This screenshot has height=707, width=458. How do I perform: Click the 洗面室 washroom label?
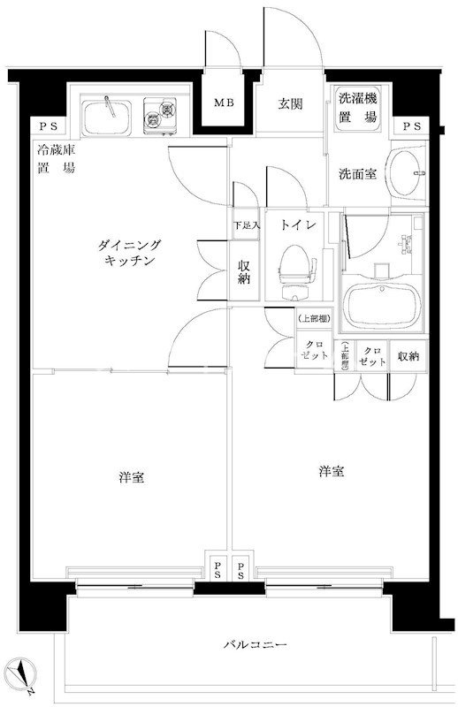tap(357, 174)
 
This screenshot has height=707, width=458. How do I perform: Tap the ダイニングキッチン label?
tap(129, 253)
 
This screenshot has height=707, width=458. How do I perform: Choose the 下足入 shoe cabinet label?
tap(247, 226)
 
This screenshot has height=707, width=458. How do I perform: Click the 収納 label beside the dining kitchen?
tap(245, 271)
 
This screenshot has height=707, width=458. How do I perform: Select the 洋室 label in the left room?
tap(132, 478)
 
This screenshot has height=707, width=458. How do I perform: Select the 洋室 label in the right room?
tap(331, 472)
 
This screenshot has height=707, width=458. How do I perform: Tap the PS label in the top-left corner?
tap(43, 127)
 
